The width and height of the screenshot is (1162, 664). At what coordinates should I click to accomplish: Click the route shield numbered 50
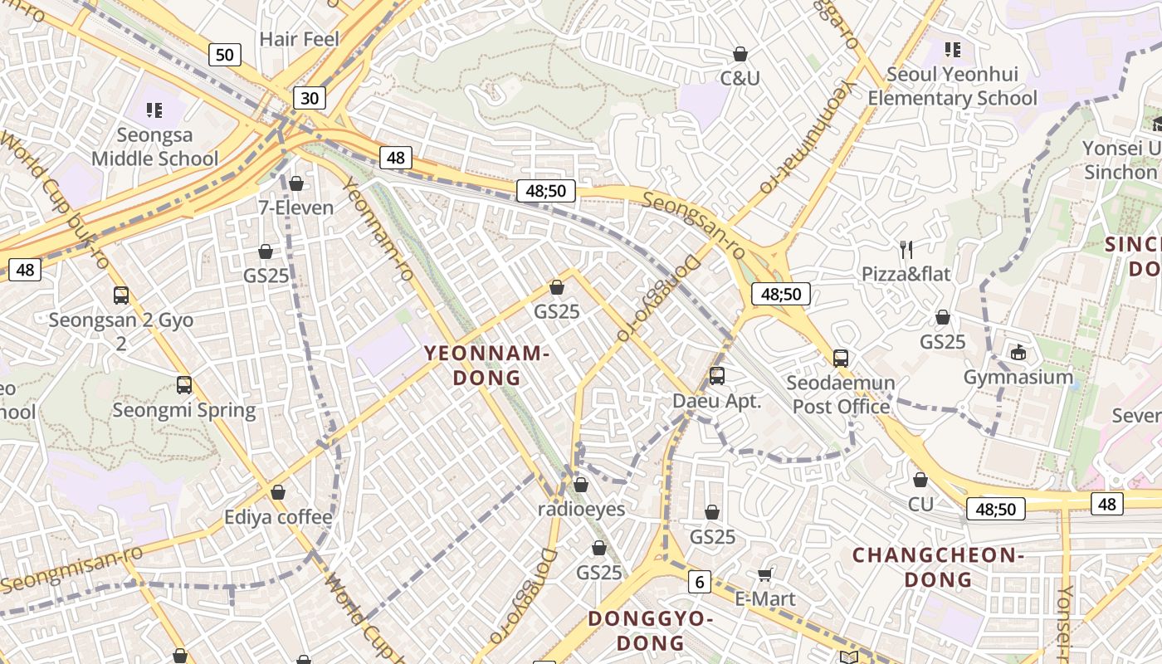(x=224, y=55)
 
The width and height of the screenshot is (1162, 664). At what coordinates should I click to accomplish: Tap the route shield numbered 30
(x=309, y=98)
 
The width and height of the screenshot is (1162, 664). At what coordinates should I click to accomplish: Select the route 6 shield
(x=700, y=582)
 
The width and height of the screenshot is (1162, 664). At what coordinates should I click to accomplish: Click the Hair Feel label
(x=300, y=39)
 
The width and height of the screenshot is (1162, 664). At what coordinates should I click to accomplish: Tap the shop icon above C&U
(x=740, y=55)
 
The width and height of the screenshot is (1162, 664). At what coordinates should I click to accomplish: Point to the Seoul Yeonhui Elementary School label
(x=952, y=86)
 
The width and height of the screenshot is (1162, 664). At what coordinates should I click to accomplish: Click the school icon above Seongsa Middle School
(x=154, y=110)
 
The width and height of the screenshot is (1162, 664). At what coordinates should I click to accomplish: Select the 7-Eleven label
(x=296, y=207)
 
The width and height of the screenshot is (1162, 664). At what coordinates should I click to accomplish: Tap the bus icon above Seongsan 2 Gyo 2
(x=121, y=295)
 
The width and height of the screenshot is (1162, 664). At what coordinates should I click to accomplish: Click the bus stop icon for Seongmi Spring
(x=184, y=385)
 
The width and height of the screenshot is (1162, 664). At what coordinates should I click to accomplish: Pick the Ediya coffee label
(x=278, y=517)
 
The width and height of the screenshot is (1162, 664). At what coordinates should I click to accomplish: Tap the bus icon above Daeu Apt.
(x=717, y=376)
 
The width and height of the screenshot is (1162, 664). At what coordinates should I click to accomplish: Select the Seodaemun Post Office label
(x=841, y=394)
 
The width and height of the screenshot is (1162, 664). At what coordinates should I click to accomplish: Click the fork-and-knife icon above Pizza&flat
(x=906, y=249)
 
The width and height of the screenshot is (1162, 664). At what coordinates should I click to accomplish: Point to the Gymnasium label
(x=1018, y=377)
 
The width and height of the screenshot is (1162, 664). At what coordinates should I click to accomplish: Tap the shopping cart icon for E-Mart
(x=765, y=574)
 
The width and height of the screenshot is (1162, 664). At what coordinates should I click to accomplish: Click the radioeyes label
(x=581, y=509)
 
